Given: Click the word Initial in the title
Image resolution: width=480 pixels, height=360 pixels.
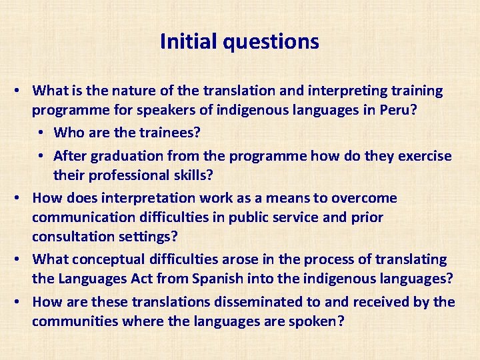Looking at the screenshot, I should (189, 42).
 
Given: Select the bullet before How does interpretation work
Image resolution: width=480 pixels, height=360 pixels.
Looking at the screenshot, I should (22, 199).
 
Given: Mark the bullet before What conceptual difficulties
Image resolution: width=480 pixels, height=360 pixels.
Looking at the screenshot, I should (22, 259).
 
